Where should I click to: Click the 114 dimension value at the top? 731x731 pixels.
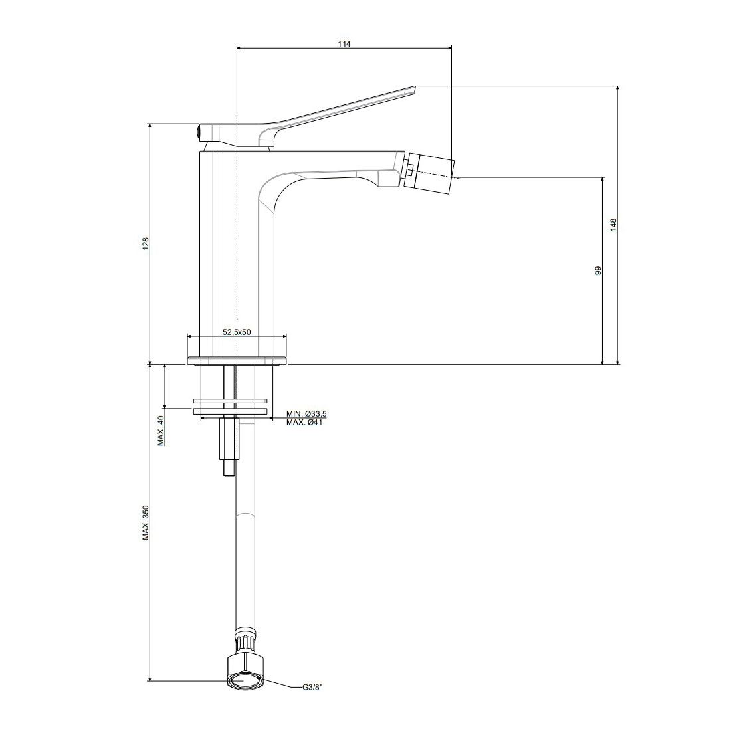click(344, 44)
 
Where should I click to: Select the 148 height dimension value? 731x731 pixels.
click(613, 224)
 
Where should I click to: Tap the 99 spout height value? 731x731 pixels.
click(598, 270)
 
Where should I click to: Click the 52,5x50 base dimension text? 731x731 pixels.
click(237, 332)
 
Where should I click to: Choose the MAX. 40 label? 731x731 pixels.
click(161, 431)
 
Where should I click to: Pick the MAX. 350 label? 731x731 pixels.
click(146, 522)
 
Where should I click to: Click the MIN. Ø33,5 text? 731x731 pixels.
click(306, 414)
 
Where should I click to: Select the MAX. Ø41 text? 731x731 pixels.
click(304, 423)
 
